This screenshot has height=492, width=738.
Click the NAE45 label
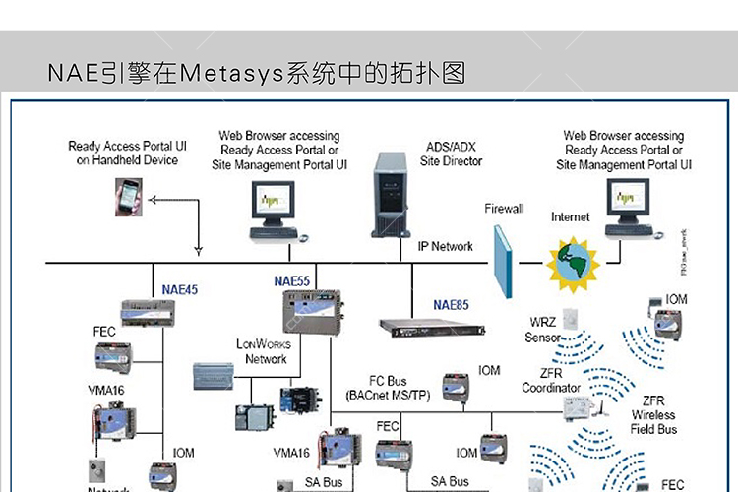tap(179, 289)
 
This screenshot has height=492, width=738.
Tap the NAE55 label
tap(291, 280)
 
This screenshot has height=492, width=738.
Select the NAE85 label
tap(454, 304)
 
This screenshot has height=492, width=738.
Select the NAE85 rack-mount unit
tap(424, 326)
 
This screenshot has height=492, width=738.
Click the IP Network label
tap(445, 246)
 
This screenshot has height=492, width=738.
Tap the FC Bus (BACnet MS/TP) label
tap(388, 387)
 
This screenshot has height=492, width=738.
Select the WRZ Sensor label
tap(543, 330)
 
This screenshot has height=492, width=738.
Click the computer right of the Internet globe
tap(626, 207)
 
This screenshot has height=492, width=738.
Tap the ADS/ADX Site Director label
tap(451, 153)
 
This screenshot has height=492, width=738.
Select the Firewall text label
tap(504, 209)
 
